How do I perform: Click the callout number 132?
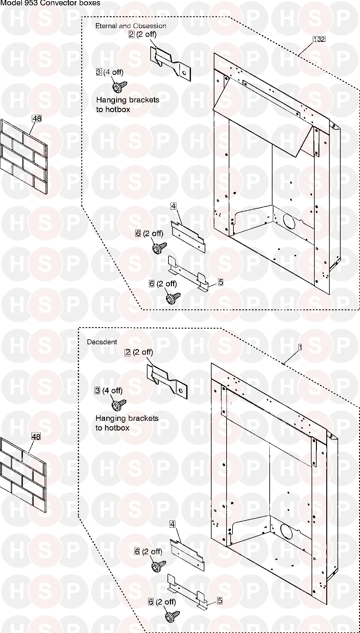point(319,39)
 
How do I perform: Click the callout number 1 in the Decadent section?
point(300,347)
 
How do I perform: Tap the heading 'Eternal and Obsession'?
point(131,26)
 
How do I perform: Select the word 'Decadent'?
point(102,342)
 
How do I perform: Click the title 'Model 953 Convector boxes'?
point(50,3)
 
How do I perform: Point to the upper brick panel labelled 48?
point(24,157)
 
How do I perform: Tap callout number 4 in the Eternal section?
point(173,206)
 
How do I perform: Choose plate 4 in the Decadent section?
point(187,555)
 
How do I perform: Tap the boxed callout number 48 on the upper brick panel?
point(37,119)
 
